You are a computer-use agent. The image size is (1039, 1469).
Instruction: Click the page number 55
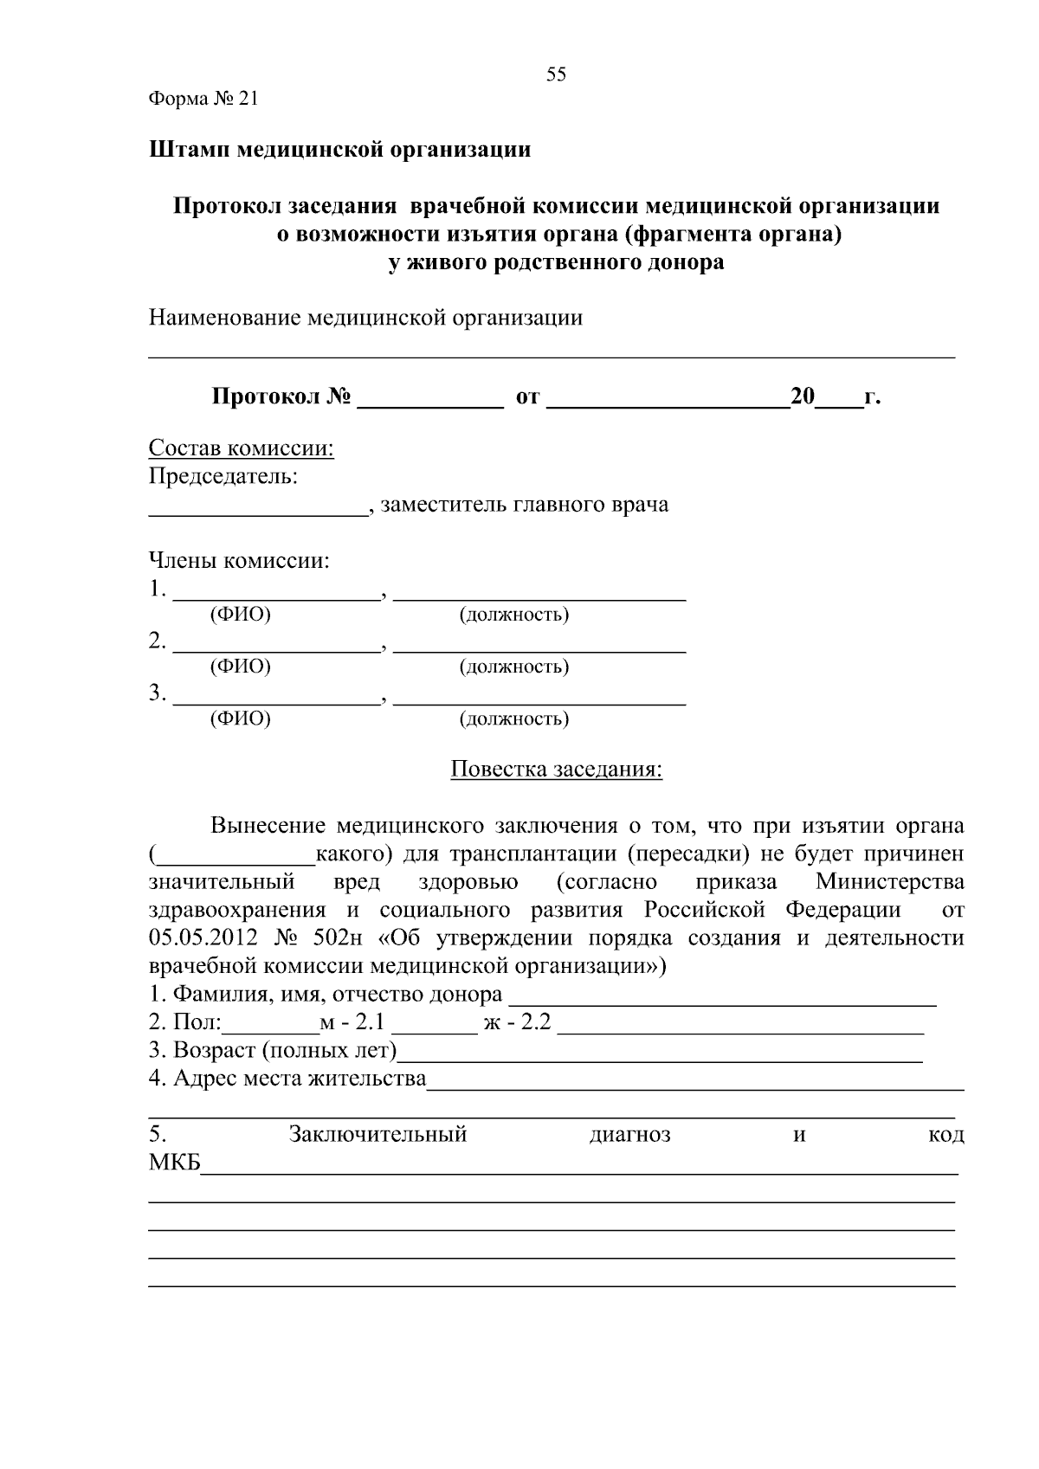[556, 74]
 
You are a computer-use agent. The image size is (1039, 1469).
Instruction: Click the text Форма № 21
[203, 99]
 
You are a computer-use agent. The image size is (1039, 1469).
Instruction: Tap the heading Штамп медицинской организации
[339, 150]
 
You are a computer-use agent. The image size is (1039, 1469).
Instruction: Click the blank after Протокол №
[430, 398]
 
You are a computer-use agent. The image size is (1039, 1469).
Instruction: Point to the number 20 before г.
[803, 397]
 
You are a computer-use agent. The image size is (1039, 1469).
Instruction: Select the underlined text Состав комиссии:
[242, 448]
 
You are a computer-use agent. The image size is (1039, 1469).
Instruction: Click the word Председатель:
[223, 476]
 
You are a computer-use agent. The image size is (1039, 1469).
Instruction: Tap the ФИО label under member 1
[241, 615]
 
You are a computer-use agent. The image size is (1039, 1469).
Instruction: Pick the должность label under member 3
[513, 719]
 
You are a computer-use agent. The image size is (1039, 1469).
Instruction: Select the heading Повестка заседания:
[556, 770]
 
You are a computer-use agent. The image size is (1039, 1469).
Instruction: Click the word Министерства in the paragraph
[889, 882]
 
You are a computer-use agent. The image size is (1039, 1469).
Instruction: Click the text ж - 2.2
[517, 1023]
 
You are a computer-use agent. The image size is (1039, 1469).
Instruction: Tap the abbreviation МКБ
[174, 1163]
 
